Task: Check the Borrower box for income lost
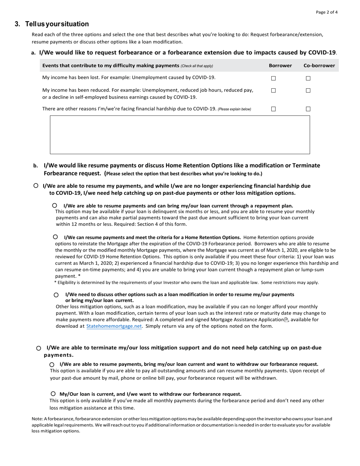pos(273,78)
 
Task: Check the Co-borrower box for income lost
pos(308,78)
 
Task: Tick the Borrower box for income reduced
pos(273,91)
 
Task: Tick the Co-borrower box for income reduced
pos(308,91)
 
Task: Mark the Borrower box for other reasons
pos(273,109)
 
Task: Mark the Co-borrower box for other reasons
pos(308,109)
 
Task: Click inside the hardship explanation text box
pos(180,134)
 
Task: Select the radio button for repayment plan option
pos(55,205)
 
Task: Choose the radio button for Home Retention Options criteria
pos(55,237)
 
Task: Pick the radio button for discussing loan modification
pos(56,295)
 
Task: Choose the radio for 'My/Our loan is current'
pos(53,394)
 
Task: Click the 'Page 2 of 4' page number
pos(327,12)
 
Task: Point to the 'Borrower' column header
pos(280,66)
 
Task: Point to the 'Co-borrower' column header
pos(319,66)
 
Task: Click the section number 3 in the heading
pos(17,24)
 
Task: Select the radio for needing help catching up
pos(36,186)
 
